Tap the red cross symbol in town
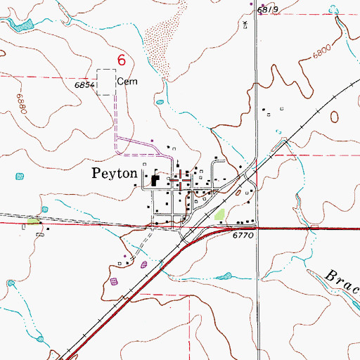[x=183, y=179]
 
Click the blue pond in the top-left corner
[x=22, y=25]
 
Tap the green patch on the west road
[x=32, y=221]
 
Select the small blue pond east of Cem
[x=160, y=103]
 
